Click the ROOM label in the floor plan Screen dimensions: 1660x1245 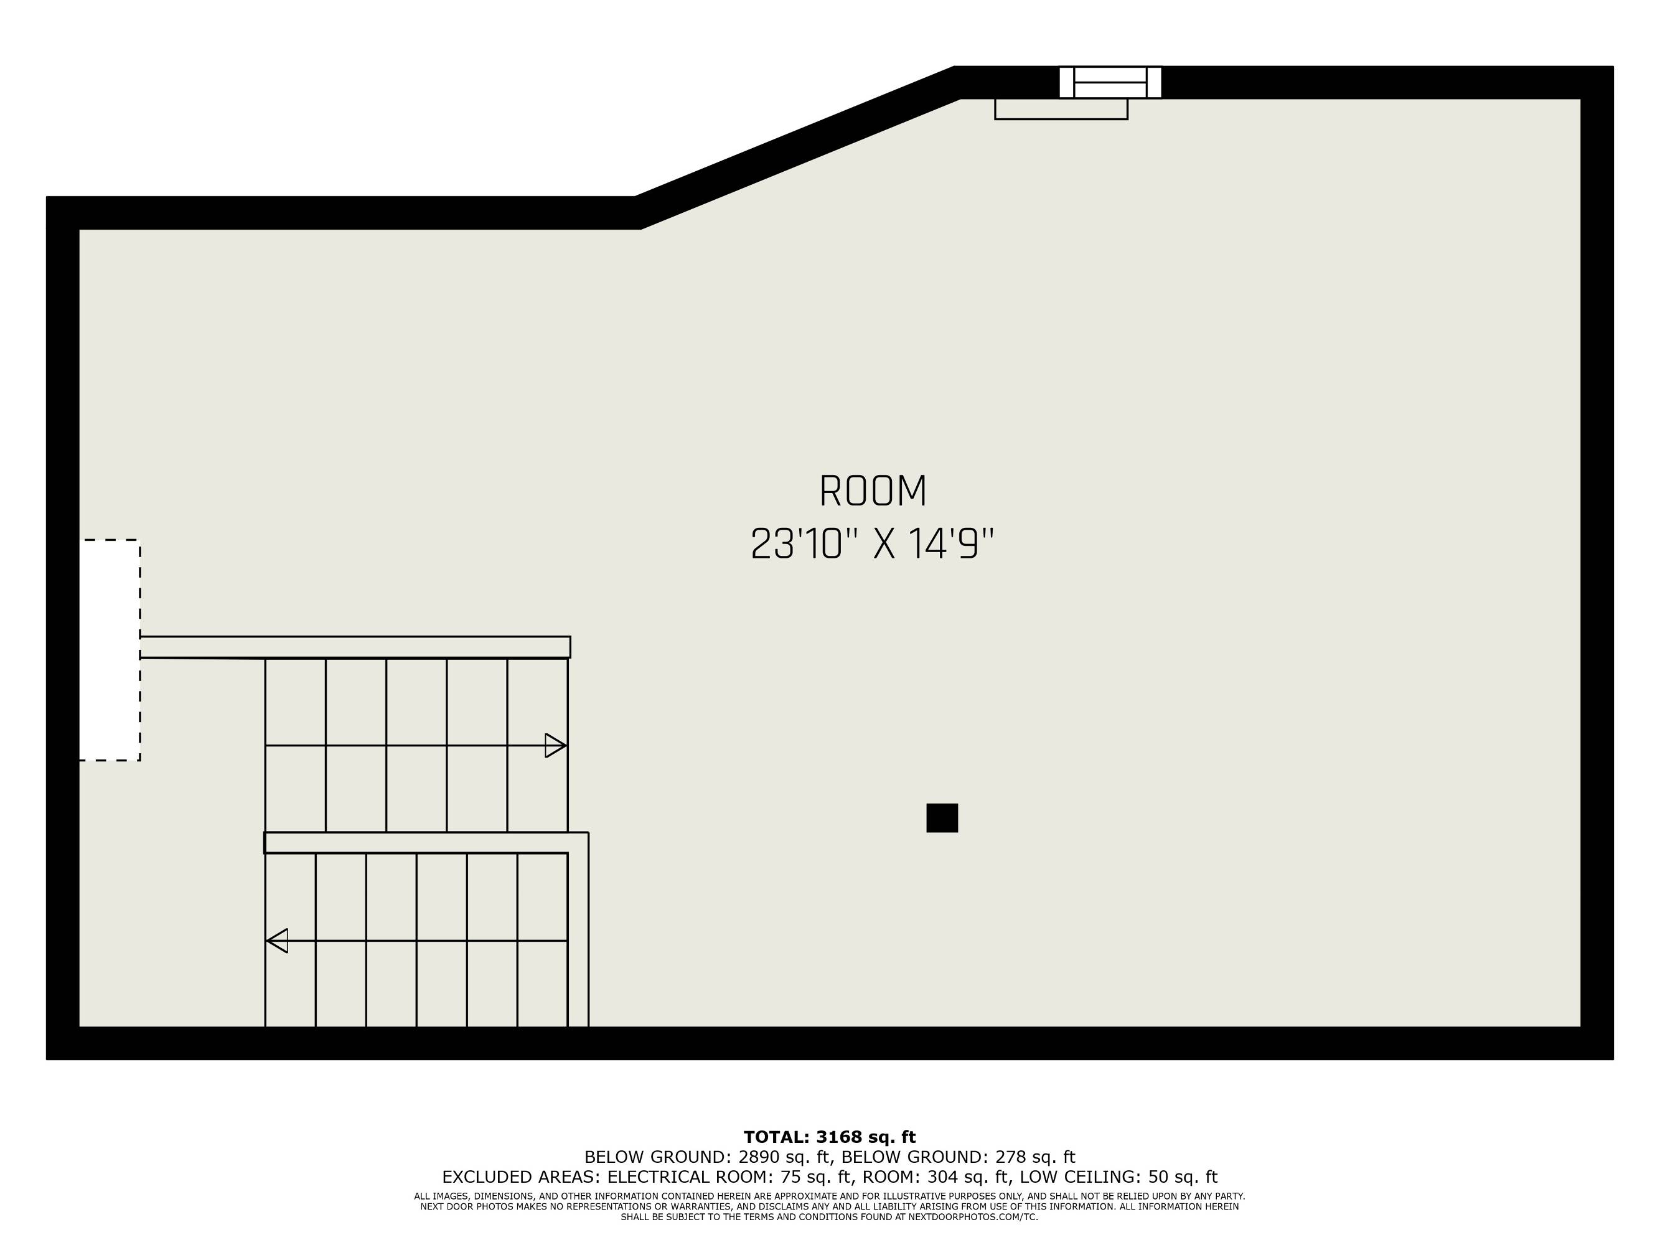(873, 492)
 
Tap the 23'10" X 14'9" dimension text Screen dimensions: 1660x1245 (872, 544)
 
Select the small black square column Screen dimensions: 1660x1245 (942, 818)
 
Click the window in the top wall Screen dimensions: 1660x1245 (1110, 83)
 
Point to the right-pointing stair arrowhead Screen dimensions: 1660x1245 (555, 745)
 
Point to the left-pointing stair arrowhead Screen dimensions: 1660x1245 (277, 941)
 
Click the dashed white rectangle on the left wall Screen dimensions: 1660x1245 (110, 650)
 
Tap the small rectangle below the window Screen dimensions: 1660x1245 (1061, 109)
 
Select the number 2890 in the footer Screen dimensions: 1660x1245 (759, 1157)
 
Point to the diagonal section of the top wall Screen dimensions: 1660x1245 (797, 147)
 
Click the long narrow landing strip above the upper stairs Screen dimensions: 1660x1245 (355, 647)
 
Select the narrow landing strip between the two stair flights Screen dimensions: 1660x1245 (426, 843)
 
